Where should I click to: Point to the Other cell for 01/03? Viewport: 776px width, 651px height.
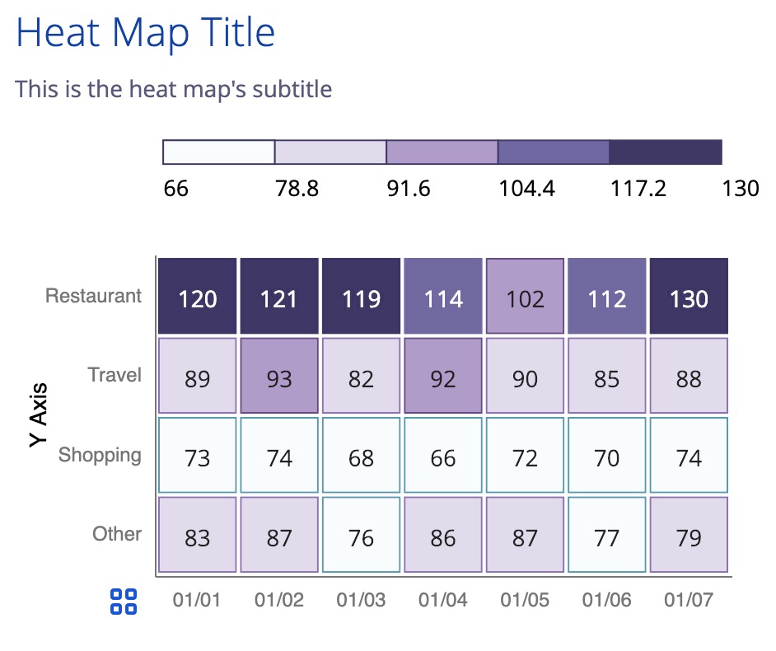[361, 536]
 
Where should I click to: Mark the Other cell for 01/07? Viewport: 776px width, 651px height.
[689, 536]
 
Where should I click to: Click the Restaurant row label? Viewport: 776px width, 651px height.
[94, 296]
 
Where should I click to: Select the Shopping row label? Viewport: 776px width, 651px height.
[100, 455]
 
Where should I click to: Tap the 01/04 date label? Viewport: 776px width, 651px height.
[443, 600]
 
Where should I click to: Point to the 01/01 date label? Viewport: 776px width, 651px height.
[197, 600]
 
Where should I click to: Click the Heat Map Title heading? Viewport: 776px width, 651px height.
[145, 33]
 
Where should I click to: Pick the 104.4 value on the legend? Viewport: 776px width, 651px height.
[526, 189]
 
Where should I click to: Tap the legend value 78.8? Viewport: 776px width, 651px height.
[297, 189]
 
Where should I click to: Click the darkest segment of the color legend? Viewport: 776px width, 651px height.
[666, 152]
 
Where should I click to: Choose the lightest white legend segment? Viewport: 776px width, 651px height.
[219, 152]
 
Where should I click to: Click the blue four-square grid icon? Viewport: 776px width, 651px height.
[124, 602]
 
